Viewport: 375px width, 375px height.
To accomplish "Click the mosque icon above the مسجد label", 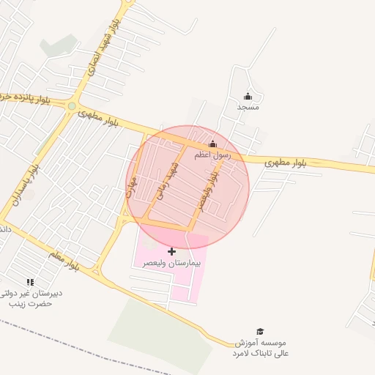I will click(x=248, y=96).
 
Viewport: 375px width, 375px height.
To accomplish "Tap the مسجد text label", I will click(x=248, y=107).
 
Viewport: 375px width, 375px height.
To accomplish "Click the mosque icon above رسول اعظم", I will click(x=213, y=144).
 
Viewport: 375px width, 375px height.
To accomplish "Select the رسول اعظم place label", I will click(x=212, y=155).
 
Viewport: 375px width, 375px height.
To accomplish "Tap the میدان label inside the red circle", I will click(x=133, y=195).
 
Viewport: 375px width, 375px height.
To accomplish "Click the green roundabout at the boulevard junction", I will click(x=72, y=106).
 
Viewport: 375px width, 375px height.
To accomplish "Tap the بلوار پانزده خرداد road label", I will click(x=29, y=98).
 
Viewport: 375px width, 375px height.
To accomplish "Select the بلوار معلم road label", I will click(x=64, y=260).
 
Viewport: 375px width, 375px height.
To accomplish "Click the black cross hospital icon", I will click(x=172, y=251).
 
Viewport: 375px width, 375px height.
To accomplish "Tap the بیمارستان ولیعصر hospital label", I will click(x=173, y=262).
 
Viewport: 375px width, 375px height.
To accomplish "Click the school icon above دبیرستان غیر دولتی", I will click(x=30, y=281).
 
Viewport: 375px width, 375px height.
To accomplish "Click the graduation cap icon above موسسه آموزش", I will click(x=259, y=332).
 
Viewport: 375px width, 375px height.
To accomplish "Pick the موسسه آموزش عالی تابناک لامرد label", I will click(x=262, y=348).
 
